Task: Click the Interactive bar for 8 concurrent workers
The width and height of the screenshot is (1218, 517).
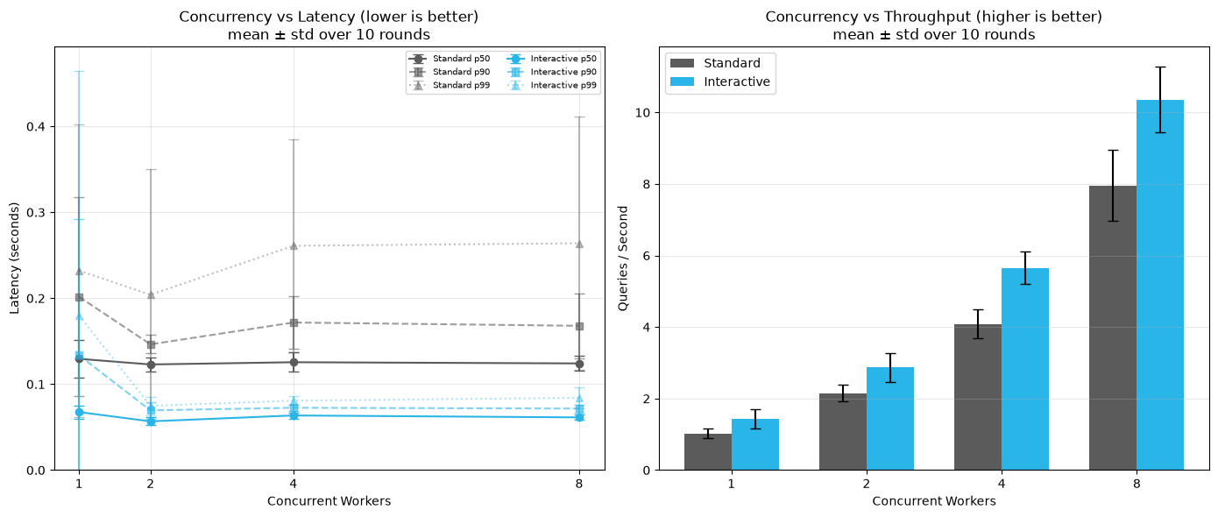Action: click(1160, 285)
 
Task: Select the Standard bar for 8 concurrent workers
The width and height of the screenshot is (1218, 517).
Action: click(1113, 328)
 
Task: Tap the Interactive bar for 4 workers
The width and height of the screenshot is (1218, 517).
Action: click(1025, 369)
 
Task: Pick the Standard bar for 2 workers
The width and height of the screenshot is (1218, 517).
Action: click(843, 432)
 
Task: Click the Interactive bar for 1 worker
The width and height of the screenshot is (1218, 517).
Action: click(755, 444)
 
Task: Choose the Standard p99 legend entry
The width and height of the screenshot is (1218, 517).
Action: click(450, 85)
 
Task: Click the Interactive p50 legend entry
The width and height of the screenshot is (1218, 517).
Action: click(551, 59)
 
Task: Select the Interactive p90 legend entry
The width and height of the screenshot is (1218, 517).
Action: click(551, 72)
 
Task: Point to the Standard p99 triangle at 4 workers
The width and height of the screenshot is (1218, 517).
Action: click(294, 245)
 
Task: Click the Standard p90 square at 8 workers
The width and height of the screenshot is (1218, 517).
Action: click(579, 326)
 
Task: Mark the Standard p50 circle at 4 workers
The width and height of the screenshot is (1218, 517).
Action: click(294, 362)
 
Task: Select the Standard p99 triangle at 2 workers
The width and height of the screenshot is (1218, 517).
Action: click(151, 294)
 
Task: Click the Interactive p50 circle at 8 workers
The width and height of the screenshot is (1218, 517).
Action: click(579, 417)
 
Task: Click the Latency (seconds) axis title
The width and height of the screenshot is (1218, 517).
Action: click(15, 258)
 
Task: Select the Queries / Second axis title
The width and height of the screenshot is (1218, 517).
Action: click(623, 258)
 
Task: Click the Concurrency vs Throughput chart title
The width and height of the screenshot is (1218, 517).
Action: click(933, 17)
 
